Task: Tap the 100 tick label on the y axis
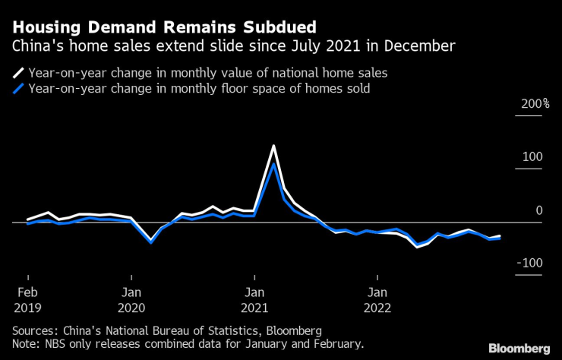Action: click(x=534, y=157)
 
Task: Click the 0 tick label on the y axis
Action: click(x=539, y=210)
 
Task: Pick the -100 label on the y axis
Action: click(x=531, y=263)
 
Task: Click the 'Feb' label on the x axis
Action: click(x=27, y=292)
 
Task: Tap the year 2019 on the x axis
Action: click(x=27, y=308)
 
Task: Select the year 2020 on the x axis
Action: click(x=131, y=308)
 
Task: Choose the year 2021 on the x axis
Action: click(x=254, y=308)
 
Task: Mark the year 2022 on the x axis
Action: click(x=377, y=308)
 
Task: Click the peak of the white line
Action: click(x=273, y=146)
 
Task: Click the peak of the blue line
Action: click(x=273, y=163)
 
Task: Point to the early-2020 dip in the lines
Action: click(x=151, y=242)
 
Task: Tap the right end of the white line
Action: click(x=500, y=235)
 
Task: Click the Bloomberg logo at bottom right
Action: click(x=519, y=348)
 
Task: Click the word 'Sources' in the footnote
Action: click(x=33, y=331)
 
